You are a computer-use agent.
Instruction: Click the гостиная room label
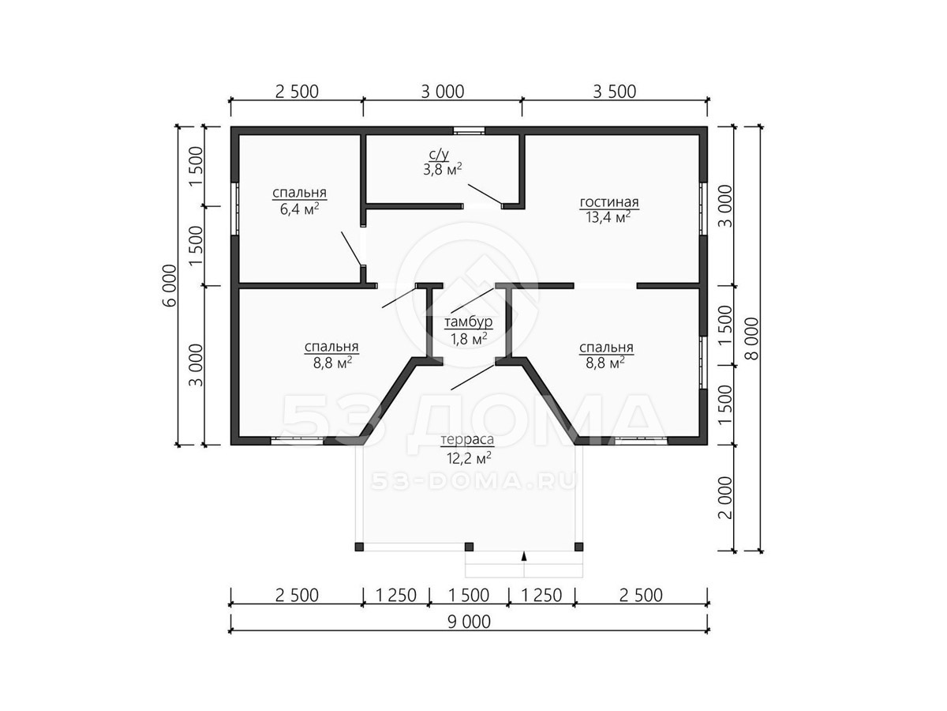(608, 202)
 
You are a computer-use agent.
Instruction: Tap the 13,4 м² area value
(608, 217)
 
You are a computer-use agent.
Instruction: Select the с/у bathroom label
(439, 155)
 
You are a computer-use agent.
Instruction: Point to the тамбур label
(468, 322)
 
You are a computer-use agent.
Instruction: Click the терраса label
(467, 440)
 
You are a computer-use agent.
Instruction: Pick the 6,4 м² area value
(300, 209)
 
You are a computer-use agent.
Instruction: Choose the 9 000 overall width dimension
(469, 622)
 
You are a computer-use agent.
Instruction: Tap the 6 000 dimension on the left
(170, 285)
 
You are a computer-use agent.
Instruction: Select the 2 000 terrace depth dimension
(726, 498)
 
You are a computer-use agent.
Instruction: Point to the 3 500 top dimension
(614, 92)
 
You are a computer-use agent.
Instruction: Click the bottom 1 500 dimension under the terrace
(469, 596)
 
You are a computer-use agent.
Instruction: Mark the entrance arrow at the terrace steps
(524, 555)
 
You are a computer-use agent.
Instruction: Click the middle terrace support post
(469, 547)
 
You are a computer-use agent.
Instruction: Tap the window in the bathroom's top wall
(469, 130)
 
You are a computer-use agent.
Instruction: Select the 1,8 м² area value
(469, 338)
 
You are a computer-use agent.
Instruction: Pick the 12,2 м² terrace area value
(469, 457)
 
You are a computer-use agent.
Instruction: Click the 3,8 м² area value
(442, 169)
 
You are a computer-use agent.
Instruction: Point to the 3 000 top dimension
(443, 92)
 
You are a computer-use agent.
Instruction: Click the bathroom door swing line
(485, 194)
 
